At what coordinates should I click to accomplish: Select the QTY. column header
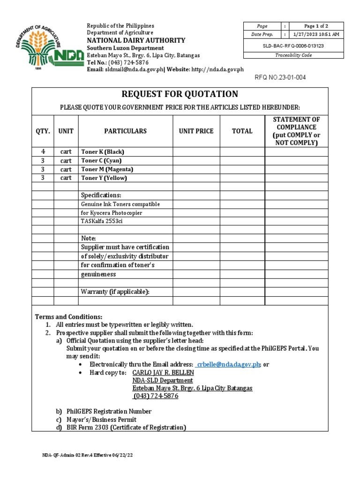pos(43,131)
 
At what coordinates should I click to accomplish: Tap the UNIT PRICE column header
pos(196,131)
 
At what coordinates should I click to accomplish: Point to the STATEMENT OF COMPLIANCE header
pos(296,131)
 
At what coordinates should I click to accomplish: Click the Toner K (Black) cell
pos(103,152)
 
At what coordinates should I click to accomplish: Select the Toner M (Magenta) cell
pos(107,169)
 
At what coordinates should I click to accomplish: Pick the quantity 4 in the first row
pos(43,152)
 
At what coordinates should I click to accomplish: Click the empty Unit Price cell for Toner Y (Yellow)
pos(196,178)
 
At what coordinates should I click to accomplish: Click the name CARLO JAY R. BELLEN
pos(163,373)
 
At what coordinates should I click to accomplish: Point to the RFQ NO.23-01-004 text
pos(280,78)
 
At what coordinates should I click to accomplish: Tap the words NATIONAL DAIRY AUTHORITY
pos(136,40)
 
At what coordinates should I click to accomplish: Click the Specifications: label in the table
pos(101,195)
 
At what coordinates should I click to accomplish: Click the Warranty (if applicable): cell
pos(115,292)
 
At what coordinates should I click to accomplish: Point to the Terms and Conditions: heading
pos(68,317)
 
